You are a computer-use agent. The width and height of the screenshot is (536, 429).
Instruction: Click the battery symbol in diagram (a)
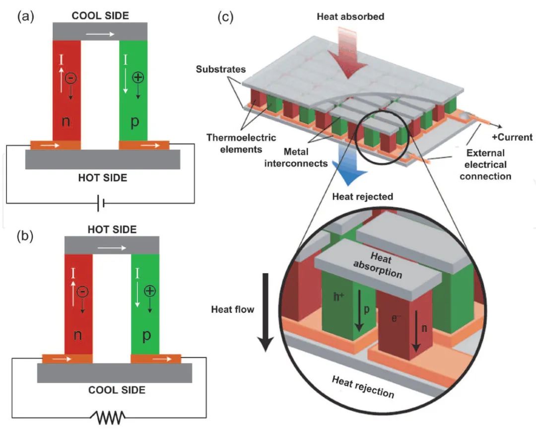[102, 203]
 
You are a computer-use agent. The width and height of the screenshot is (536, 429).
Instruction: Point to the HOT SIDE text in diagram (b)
[112, 229]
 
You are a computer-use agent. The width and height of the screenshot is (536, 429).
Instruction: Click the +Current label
[511, 138]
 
